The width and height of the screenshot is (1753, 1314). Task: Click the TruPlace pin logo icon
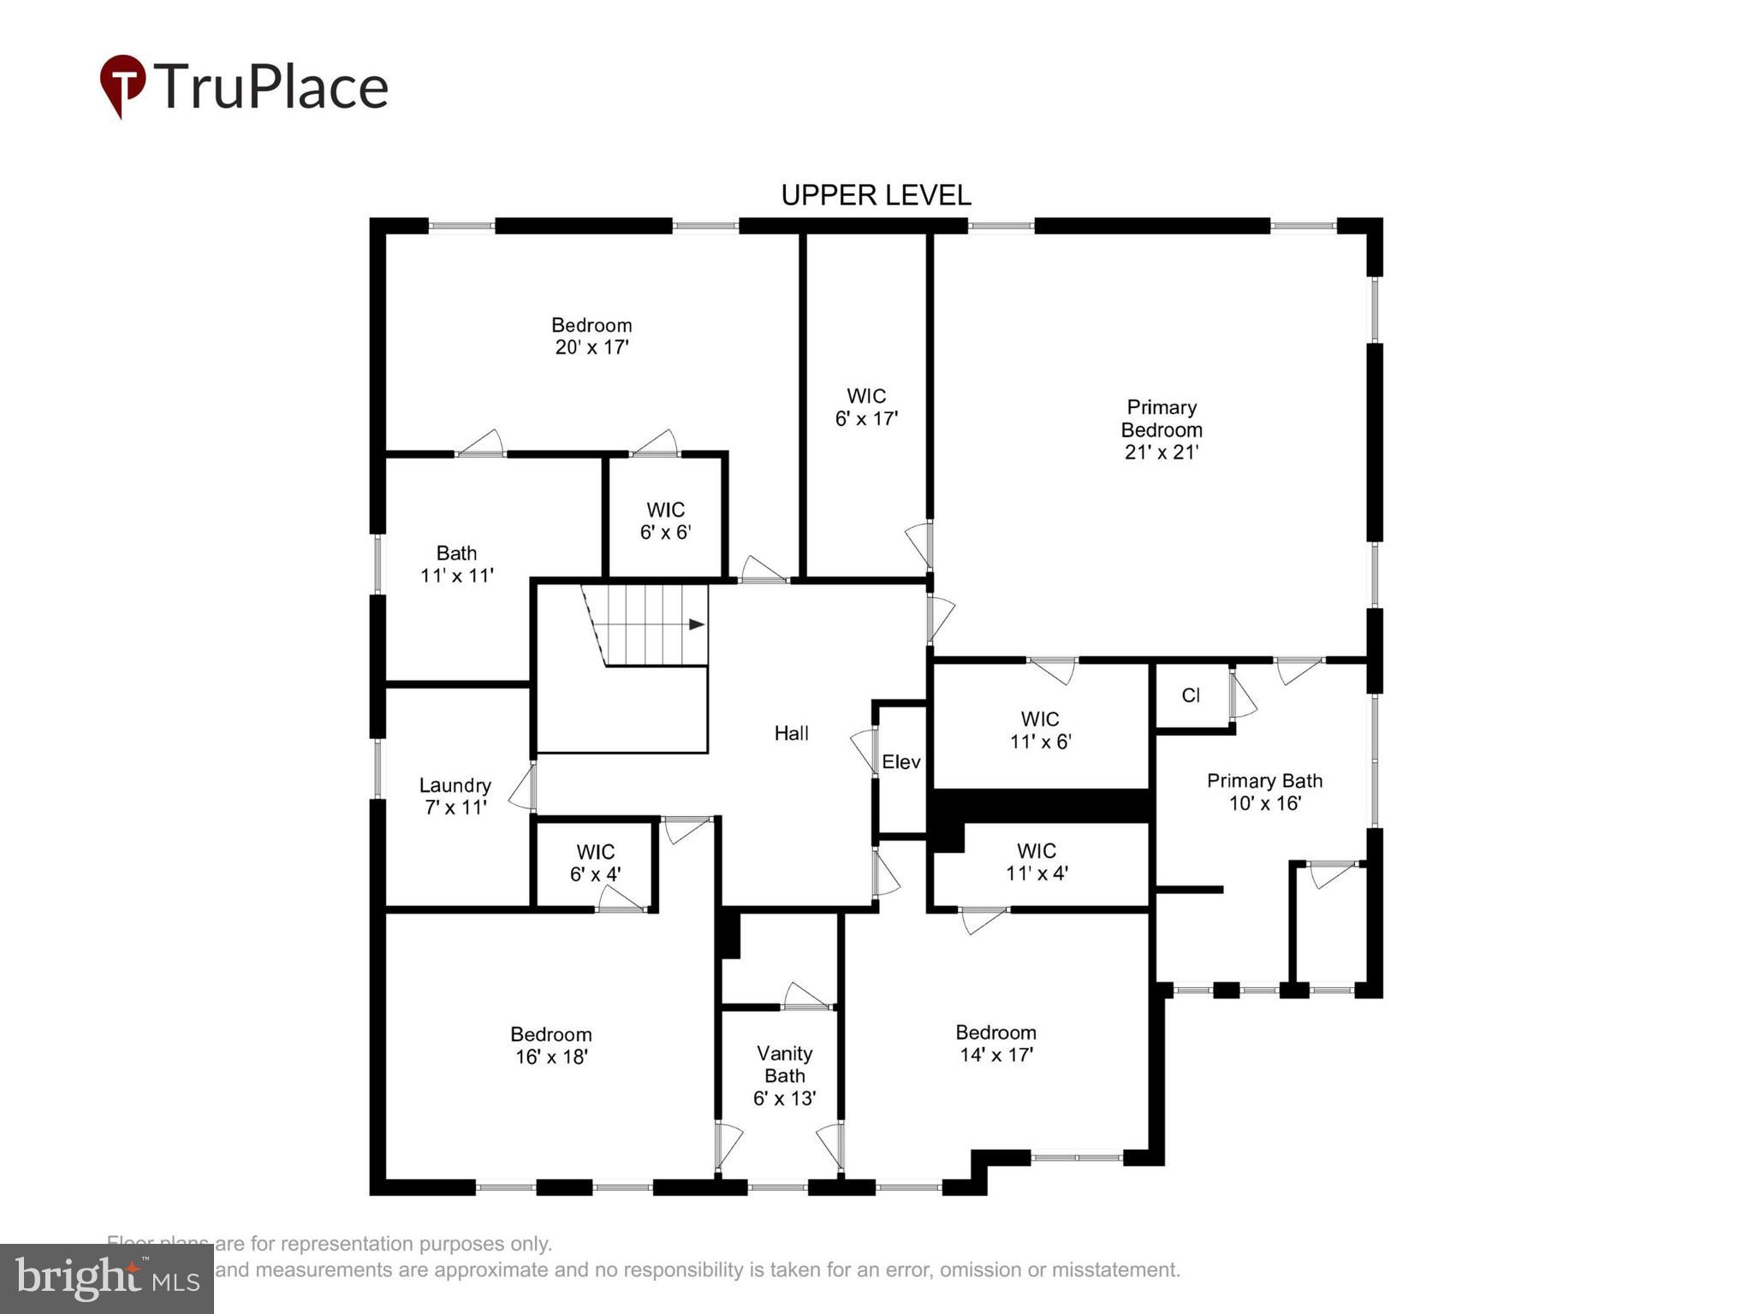click(x=122, y=85)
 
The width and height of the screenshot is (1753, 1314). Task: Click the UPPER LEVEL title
click(x=876, y=196)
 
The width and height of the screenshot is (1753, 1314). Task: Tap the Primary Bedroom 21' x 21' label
click(x=1161, y=429)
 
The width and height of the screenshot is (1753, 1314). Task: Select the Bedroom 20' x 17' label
click(x=591, y=336)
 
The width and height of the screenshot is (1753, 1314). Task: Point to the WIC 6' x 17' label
click(x=866, y=407)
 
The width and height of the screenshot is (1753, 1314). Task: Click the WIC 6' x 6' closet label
click(x=665, y=521)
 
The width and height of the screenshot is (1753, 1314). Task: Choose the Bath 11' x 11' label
click(x=456, y=564)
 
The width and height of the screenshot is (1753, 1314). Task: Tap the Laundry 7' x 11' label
click(x=455, y=796)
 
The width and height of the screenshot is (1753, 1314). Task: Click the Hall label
click(x=791, y=733)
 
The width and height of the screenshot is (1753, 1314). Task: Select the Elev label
click(x=900, y=761)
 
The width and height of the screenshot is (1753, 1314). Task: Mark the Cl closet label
click(x=1191, y=695)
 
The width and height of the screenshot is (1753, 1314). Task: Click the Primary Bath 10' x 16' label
click(x=1264, y=791)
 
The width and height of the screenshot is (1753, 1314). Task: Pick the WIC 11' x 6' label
click(x=1040, y=730)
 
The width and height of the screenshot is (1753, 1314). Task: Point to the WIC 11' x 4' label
click(x=1037, y=861)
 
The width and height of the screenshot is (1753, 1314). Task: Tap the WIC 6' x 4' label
click(x=595, y=862)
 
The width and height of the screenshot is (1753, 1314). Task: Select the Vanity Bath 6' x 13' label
click(x=784, y=1075)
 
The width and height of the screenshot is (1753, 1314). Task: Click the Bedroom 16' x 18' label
click(x=551, y=1045)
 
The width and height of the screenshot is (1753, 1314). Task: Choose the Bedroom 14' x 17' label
click(x=995, y=1043)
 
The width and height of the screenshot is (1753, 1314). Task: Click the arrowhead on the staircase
click(x=697, y=624)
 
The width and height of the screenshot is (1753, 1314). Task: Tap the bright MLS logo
click(x=107, y=1279)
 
